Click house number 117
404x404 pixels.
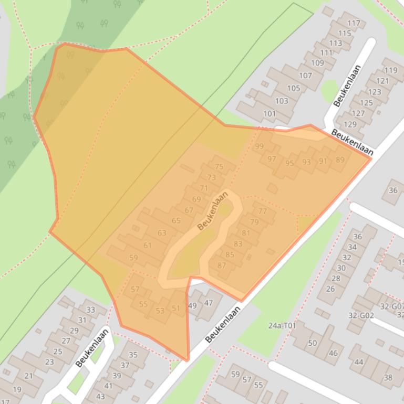tap(354, 23)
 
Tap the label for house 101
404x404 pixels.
tap(270, 113)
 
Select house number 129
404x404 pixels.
tap(350, 124)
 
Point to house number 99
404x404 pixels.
tap(259, 146)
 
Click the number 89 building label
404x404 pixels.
tap(340, 160)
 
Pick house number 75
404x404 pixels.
tap(219, 167)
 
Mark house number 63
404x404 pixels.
tap(162, 233)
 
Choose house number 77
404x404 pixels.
tap(263, 211)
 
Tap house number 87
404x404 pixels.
tap(221, 265)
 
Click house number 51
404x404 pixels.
tap(176, 309)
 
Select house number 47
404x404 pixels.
tap(209, 303)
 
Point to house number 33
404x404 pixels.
tap(90, 310)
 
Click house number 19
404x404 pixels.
tap(17, 389)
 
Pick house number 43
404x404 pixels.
tap(100, 396)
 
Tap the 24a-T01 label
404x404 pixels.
tap(282, 325)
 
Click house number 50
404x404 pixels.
tap(313, 343)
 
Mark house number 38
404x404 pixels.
tap(388, 378)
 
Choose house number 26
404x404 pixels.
tap(330, 289)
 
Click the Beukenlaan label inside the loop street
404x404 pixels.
tap(213, 210)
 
